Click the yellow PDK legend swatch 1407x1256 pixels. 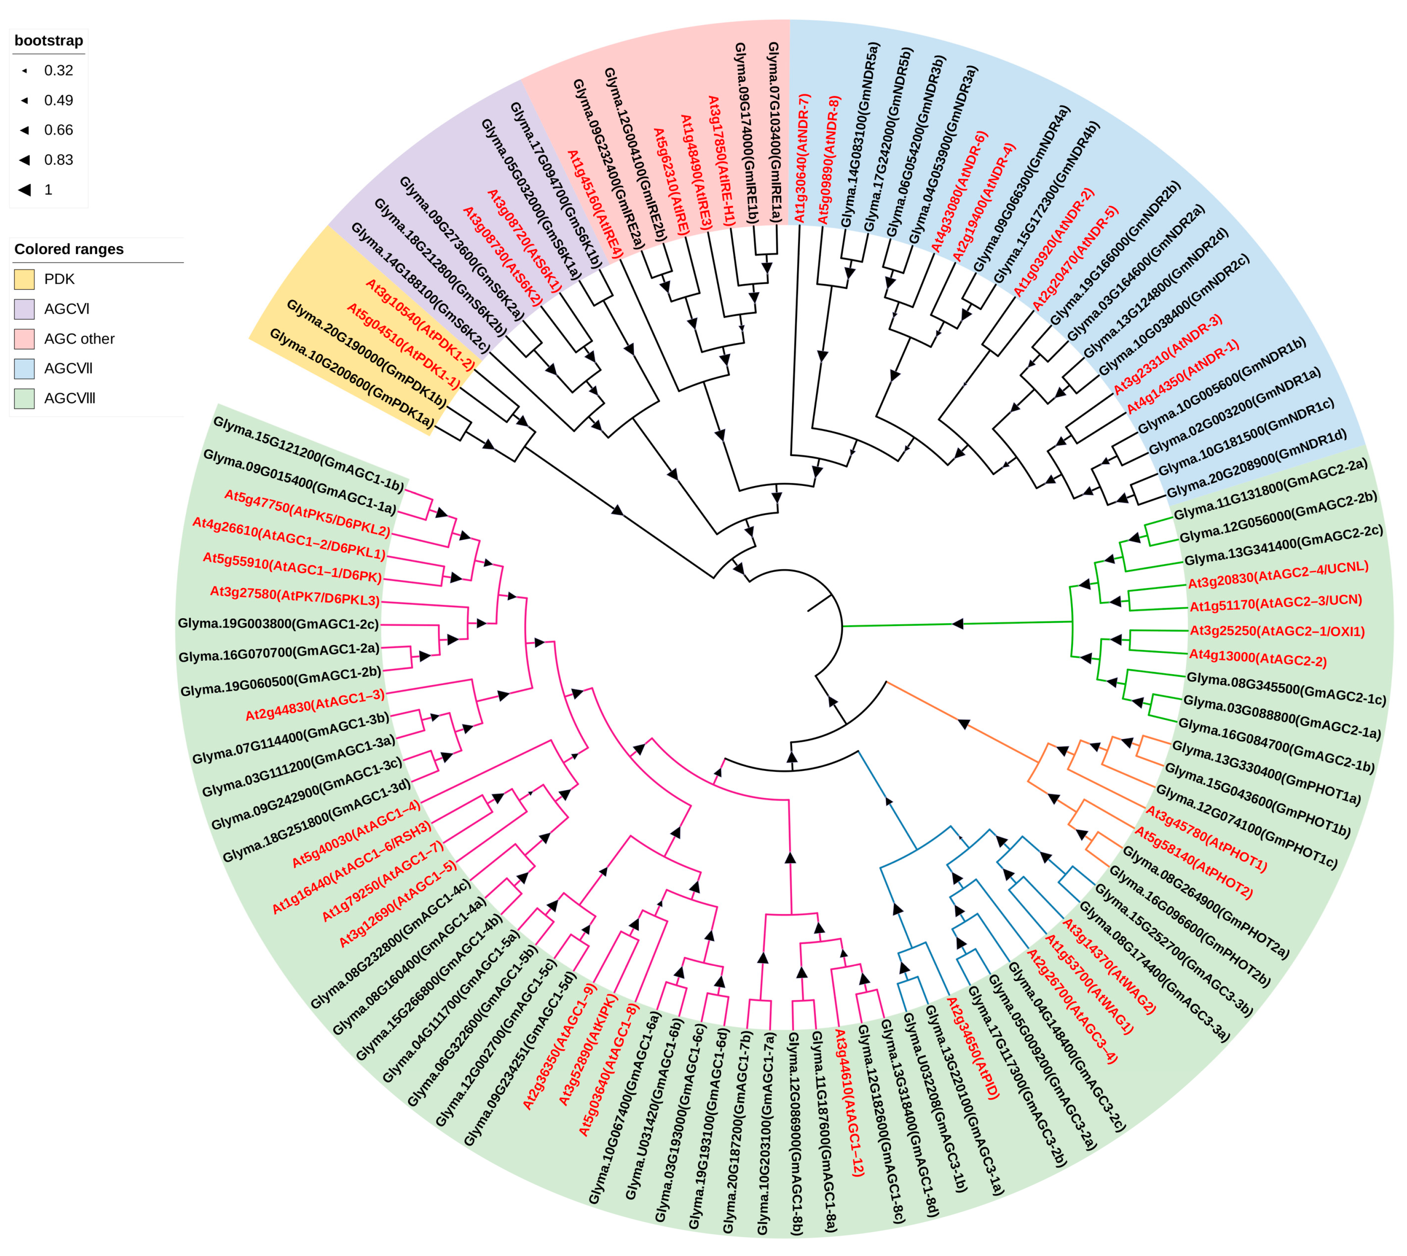(x=24, y=280)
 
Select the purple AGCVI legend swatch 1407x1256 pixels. (x=24, y=309)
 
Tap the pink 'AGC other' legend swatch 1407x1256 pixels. (x=24, y=339)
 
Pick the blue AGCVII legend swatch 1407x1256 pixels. (x=24, y=369)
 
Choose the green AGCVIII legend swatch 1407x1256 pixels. (x=24, y=398)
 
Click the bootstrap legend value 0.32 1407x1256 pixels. (x=58, y=70)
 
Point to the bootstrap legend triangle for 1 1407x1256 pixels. (x=25, y=190)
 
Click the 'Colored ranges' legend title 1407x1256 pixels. (x=69, y=249)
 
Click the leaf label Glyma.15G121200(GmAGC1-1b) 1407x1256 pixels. (x=308, y=453)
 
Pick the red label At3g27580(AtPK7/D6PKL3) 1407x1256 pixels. (x=295, y=596)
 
